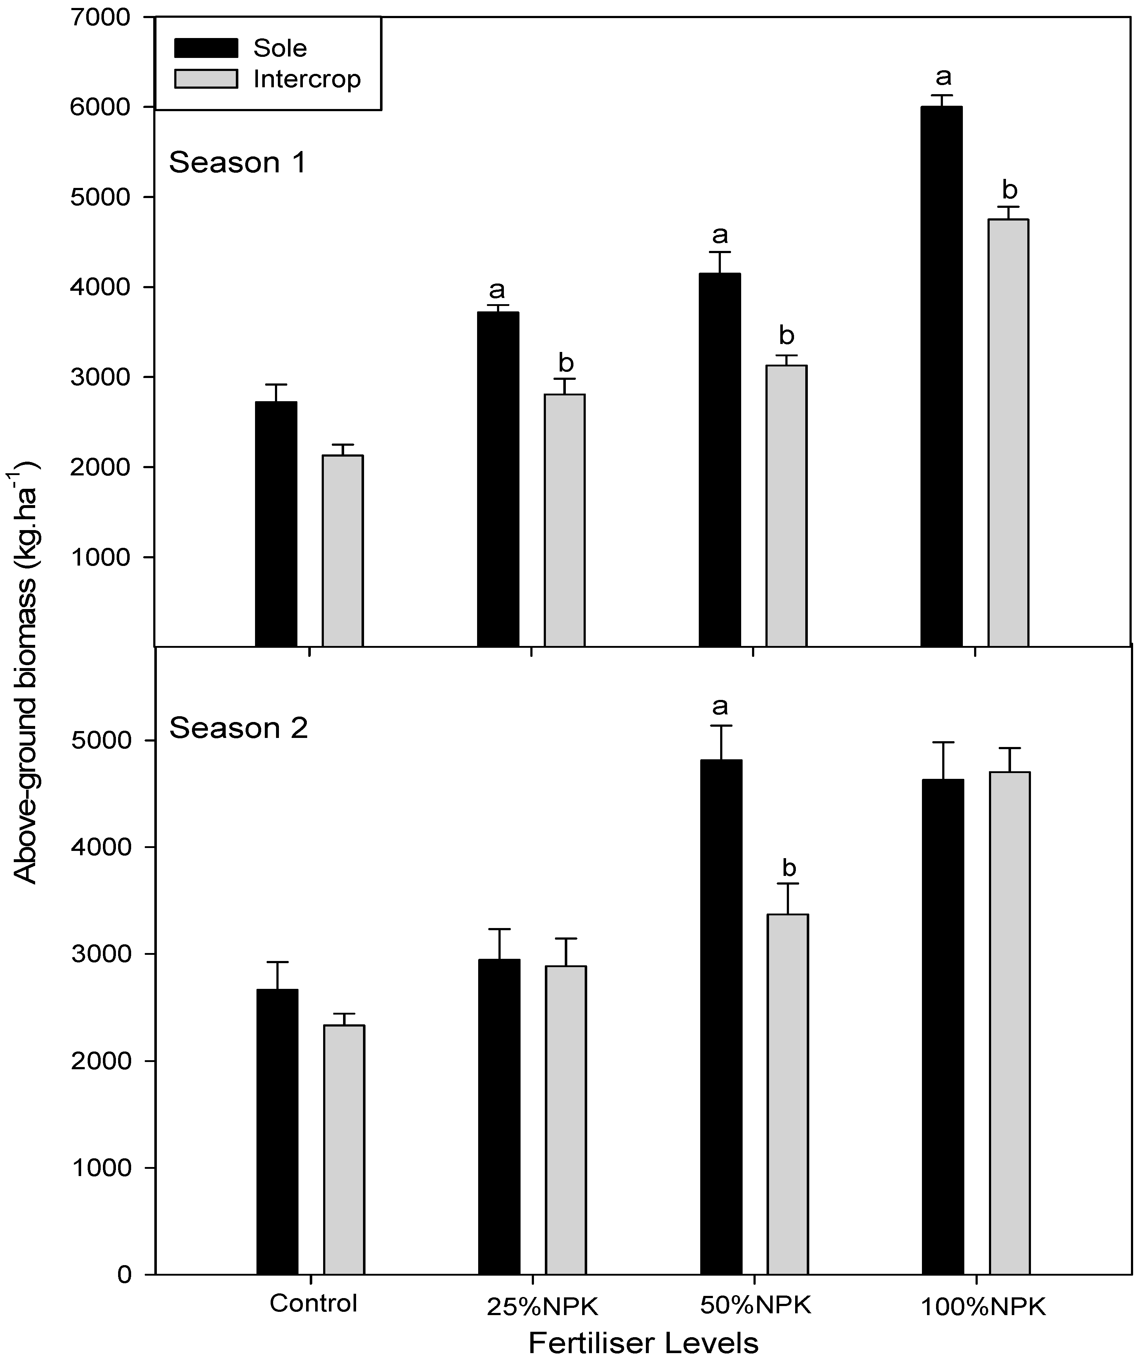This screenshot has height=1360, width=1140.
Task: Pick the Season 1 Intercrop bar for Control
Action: point(343,550)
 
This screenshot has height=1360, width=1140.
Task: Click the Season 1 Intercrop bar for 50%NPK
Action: point(786,505)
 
